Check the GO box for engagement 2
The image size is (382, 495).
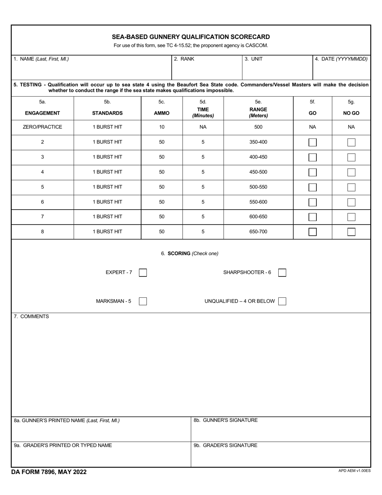coord(312,142)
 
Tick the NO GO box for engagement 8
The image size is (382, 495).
coord(351,232)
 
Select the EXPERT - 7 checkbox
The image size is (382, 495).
coord(143,273)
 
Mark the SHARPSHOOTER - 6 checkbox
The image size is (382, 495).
coord(282,273)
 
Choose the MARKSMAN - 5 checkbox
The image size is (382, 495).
coord(143,301)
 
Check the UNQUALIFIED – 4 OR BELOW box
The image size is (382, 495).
coord(282,301)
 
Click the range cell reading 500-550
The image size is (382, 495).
coord(258,187)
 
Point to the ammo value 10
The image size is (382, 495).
coord(162,127)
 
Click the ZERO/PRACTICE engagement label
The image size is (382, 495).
coord(43,127)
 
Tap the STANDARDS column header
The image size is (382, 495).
coord(107,113)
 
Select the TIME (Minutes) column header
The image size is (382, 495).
coord(203,113)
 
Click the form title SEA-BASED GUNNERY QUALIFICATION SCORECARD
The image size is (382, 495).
coord(191,37)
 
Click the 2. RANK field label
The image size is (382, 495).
coord(184,59)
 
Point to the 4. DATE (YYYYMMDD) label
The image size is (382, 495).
coord(341,59)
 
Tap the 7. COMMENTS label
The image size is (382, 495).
coord(31,317)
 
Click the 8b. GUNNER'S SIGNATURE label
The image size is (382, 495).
coord(226,421)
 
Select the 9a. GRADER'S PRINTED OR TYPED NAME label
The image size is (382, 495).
coord(63,445)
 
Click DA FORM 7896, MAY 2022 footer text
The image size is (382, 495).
coord(49,472)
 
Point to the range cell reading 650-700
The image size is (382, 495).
coord(258,232)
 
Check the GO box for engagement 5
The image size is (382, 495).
coord(312,187)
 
